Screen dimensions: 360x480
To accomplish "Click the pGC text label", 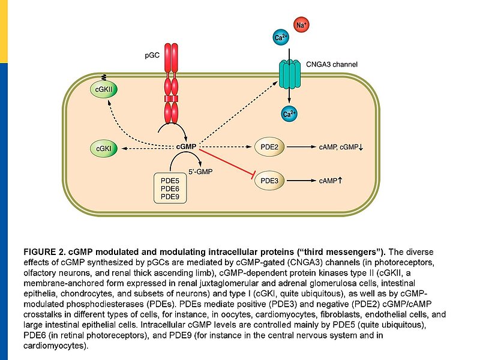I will [152, 55].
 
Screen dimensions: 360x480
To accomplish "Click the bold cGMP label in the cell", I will [186, 146].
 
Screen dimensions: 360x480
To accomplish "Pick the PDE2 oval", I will [269, 146].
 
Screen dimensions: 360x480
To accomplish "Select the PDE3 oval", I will [269, 179].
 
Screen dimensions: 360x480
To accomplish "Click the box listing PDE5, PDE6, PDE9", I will [170, 188].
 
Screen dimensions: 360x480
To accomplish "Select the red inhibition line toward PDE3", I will [224, 162].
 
